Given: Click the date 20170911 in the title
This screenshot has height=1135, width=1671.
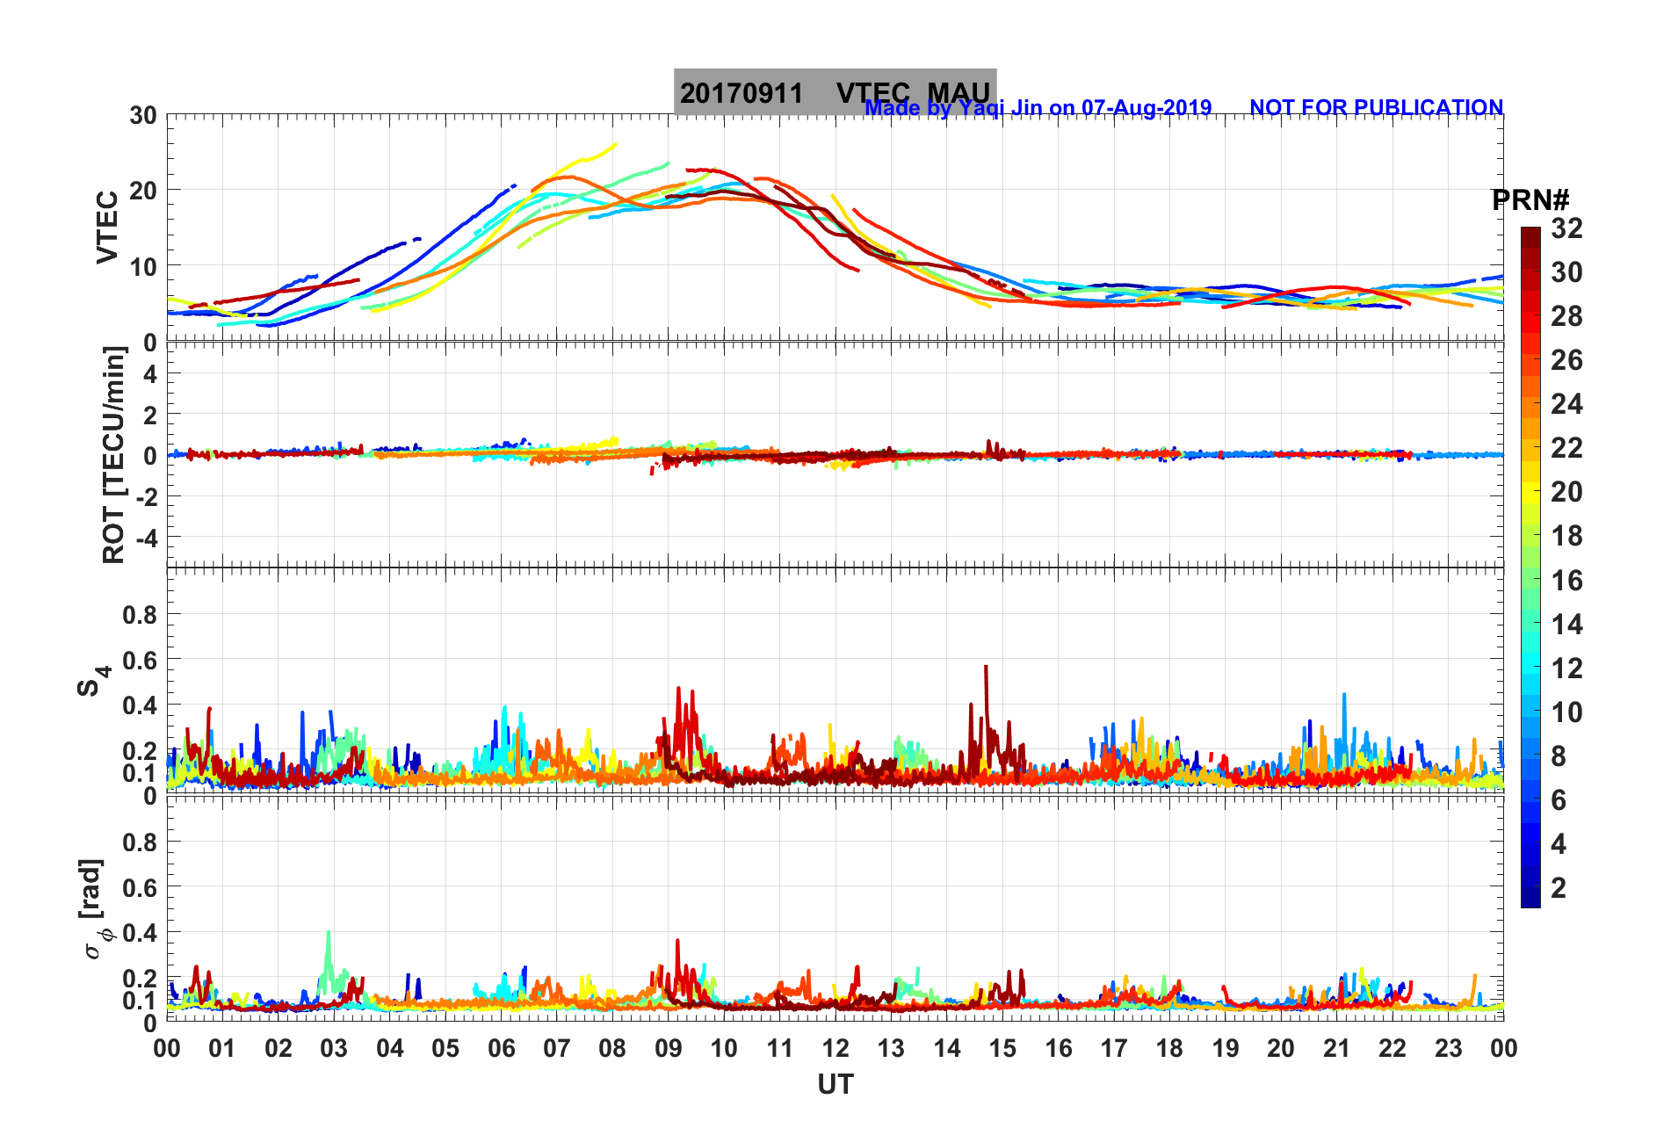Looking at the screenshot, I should click(741, 93).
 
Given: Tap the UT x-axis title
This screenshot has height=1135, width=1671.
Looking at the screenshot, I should click(835, 1085).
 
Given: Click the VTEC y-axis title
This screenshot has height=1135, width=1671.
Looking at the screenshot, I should click(107, 228).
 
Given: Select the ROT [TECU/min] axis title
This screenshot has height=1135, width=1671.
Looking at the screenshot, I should click(113, 455).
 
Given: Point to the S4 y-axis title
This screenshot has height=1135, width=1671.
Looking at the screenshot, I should click(93, 680).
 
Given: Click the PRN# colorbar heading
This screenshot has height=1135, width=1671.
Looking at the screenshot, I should click(1530, 200).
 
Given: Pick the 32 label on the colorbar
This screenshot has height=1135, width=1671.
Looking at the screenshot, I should click(1566, 228).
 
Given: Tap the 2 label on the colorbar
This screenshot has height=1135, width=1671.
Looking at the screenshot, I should click(1559, 887).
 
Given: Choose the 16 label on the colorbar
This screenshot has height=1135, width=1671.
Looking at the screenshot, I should click(1566, 580).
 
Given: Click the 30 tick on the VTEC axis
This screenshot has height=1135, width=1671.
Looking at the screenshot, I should click(143, 115).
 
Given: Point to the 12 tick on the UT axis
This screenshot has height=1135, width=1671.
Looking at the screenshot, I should click(835, 1048).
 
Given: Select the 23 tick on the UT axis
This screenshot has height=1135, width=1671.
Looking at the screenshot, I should click(1448, 1048).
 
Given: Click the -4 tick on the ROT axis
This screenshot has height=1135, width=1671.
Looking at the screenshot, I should click(146, 537).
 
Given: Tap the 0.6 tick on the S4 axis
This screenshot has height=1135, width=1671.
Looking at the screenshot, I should click(139, 660).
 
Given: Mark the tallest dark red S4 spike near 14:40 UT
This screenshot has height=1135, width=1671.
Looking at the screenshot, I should click(986, 668).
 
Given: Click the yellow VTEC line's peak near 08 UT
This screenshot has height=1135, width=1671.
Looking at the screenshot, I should click(614, 145).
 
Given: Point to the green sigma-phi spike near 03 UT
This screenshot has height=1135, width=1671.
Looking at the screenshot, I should click(329, 933).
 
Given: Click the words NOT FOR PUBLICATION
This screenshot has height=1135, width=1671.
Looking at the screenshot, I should click(1376, 107).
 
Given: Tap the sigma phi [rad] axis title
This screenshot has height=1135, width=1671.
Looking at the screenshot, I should click(95, 909).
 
